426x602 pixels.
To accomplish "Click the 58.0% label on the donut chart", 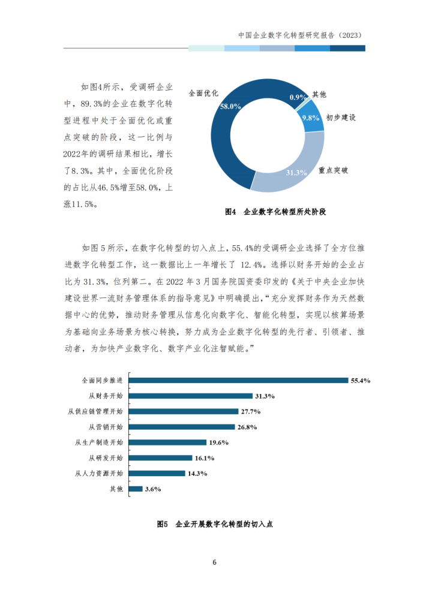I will tap(230, 106).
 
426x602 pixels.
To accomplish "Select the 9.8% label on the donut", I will tap(310, 117).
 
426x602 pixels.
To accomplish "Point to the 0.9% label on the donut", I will tap(298, 97).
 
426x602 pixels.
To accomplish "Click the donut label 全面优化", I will tap(203, 94).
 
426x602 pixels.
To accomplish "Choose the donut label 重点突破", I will tap(334, 170).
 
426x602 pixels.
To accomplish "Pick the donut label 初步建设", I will tap(341, 118).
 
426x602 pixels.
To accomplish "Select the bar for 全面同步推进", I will tap(239, 380).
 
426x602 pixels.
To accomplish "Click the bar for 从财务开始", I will tap(191, 396).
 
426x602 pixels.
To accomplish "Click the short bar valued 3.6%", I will tap(136, 489).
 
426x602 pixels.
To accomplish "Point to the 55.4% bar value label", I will tap(361, 380).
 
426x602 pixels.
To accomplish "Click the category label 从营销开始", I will tap(106, 427).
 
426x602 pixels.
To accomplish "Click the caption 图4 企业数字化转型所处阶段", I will tap(278, 212).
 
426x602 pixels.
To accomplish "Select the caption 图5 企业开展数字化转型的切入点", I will tap(214, 523).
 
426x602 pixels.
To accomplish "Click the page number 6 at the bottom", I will tap(214, 562).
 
